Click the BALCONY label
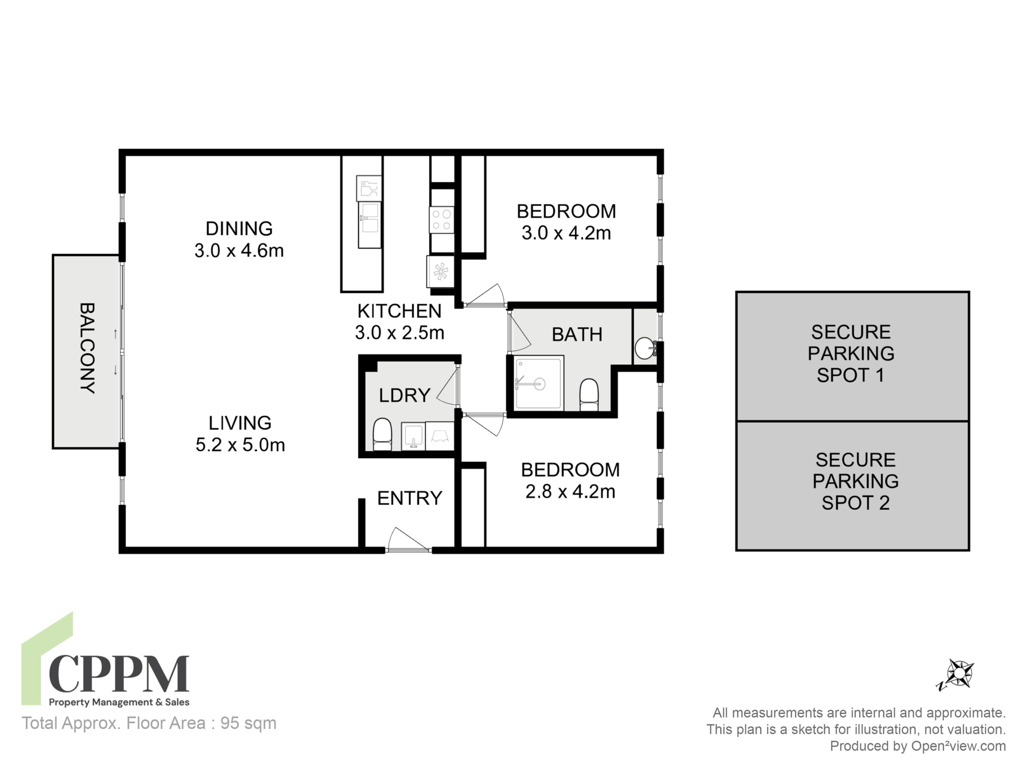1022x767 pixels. coord(87,348)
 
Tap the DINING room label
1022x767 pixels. coord(239,229)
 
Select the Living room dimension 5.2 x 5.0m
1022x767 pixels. coord(240,445)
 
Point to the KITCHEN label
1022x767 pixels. coord(399,311)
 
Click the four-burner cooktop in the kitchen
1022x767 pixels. coord(442,220)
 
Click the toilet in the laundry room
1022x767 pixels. coord(382,434)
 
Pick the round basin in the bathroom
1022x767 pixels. coord(645,348)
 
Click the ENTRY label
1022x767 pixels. coord(410,499)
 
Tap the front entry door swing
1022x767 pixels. coord(408,540)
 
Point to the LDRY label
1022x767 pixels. coord(405,395)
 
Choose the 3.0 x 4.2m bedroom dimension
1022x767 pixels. coord(566,233)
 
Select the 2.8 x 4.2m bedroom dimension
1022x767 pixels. coord(570,491)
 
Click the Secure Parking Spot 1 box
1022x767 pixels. coord(852,356)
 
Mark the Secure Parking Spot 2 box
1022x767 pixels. coord(852,486)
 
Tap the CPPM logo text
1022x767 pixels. coord(119,674)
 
